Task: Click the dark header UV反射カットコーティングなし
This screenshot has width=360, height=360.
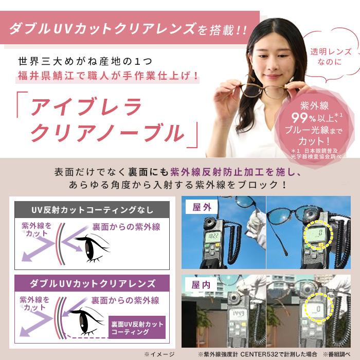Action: (92, 209)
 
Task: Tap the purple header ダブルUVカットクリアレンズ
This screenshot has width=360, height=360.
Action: (92, 283)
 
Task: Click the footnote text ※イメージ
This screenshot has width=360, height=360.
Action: (159, 354)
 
